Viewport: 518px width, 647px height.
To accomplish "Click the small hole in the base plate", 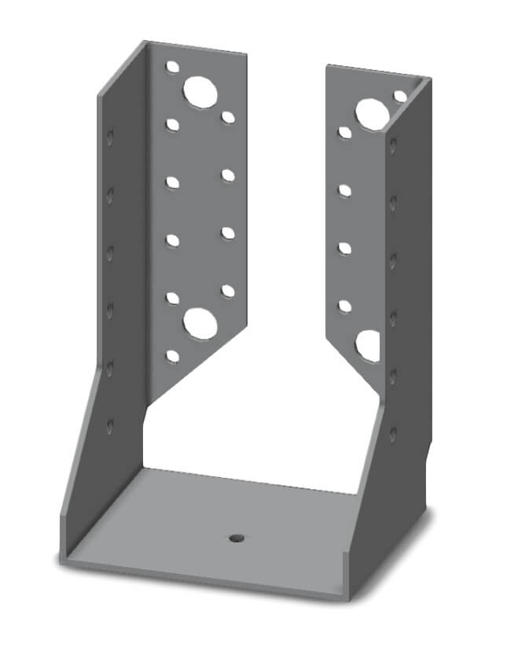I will [235, 539].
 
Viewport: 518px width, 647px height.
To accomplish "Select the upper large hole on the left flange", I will [200, 92].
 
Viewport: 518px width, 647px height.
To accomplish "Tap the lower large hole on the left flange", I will [200, 323].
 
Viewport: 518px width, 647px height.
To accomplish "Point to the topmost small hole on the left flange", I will [172, 68].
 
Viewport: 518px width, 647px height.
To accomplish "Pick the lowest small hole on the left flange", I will [172, 356].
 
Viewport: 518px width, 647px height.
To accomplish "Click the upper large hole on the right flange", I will [369, 113].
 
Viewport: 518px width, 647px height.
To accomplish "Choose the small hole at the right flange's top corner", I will [400, 96].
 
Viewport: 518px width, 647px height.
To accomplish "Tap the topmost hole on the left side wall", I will [110, 138].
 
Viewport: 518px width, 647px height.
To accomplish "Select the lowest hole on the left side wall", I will [110, 425].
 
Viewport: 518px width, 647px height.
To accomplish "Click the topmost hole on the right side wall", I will [392, 145].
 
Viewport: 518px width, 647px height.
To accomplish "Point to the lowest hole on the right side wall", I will [392, 432].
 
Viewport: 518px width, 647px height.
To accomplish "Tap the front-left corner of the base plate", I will [63, 560].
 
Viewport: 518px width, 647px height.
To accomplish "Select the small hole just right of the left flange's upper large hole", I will [228, 117].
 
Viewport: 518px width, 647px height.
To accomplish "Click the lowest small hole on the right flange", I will [344, 305].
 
